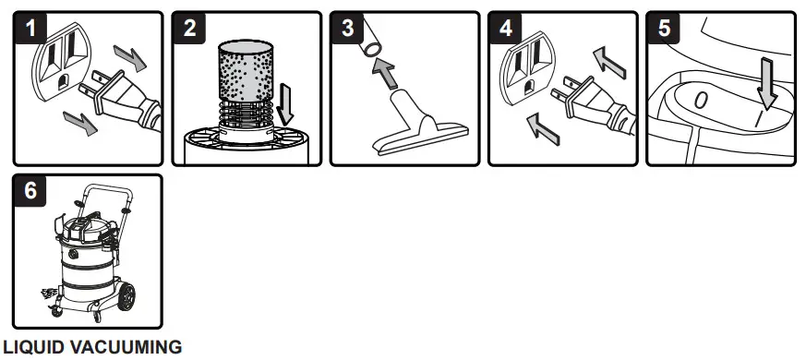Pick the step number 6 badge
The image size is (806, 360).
[x=32, y=191]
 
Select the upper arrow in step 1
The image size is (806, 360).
[x=130, y=63]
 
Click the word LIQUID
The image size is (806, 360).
[x=30, y=348]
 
